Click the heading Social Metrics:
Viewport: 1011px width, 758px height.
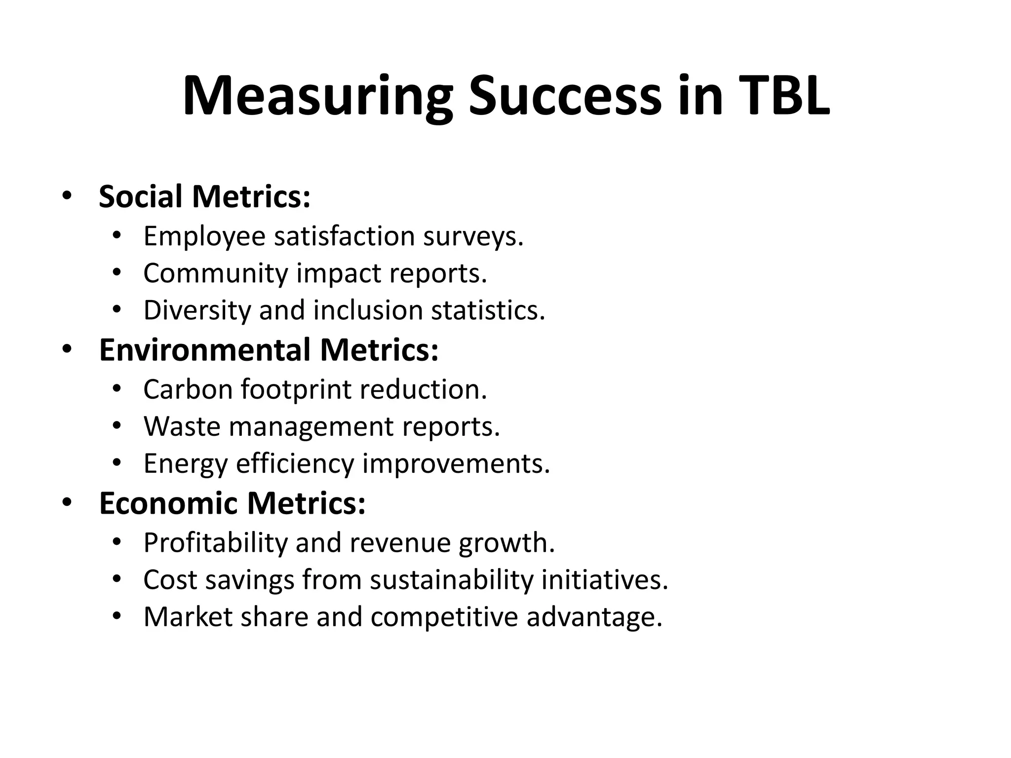pos(205,196)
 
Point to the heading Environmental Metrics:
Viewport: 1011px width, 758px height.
pos(269,350)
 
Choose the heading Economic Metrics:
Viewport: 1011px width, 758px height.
pos(233,503)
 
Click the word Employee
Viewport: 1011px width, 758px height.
pos(204,236)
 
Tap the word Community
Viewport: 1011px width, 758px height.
pos(216,273)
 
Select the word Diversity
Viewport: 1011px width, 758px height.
pos(197,310)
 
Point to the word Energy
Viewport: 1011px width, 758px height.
pos(186,464)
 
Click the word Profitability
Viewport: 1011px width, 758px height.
pos(215,543)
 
